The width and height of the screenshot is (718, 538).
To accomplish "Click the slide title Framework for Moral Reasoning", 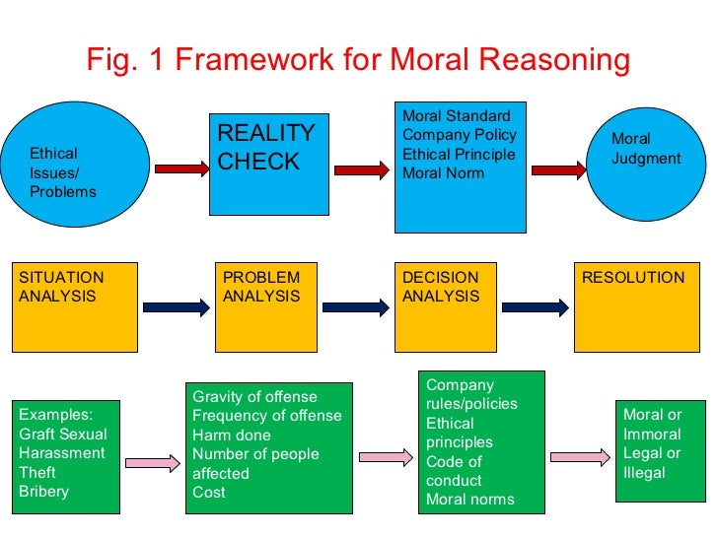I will click(x=358, y=60).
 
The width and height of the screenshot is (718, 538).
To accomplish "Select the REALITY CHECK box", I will click(x=265, y=164).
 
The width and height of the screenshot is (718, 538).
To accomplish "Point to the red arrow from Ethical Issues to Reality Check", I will click(x=180, y=169).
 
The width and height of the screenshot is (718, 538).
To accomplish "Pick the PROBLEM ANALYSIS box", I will click(x=264, y=306).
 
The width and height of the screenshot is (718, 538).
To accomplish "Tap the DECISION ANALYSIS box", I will click(x=445, y=306).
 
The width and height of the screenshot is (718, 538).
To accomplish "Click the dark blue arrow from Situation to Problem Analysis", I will click(x=179, y=306).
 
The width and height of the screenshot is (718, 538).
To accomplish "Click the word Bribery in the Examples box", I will click(x=43, y=492).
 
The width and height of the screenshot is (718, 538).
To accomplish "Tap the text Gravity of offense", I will click(x=254, y=396).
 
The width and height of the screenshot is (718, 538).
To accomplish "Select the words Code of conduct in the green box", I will click(x=454, y=471).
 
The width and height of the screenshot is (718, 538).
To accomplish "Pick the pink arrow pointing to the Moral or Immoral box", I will click(x=580, y=456).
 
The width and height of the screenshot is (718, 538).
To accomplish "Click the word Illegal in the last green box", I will click(x=644, y=472).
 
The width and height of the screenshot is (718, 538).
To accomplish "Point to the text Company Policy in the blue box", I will click(x=459, y=135).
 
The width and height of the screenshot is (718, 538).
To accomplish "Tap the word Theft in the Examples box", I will click(x=38, y=473).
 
